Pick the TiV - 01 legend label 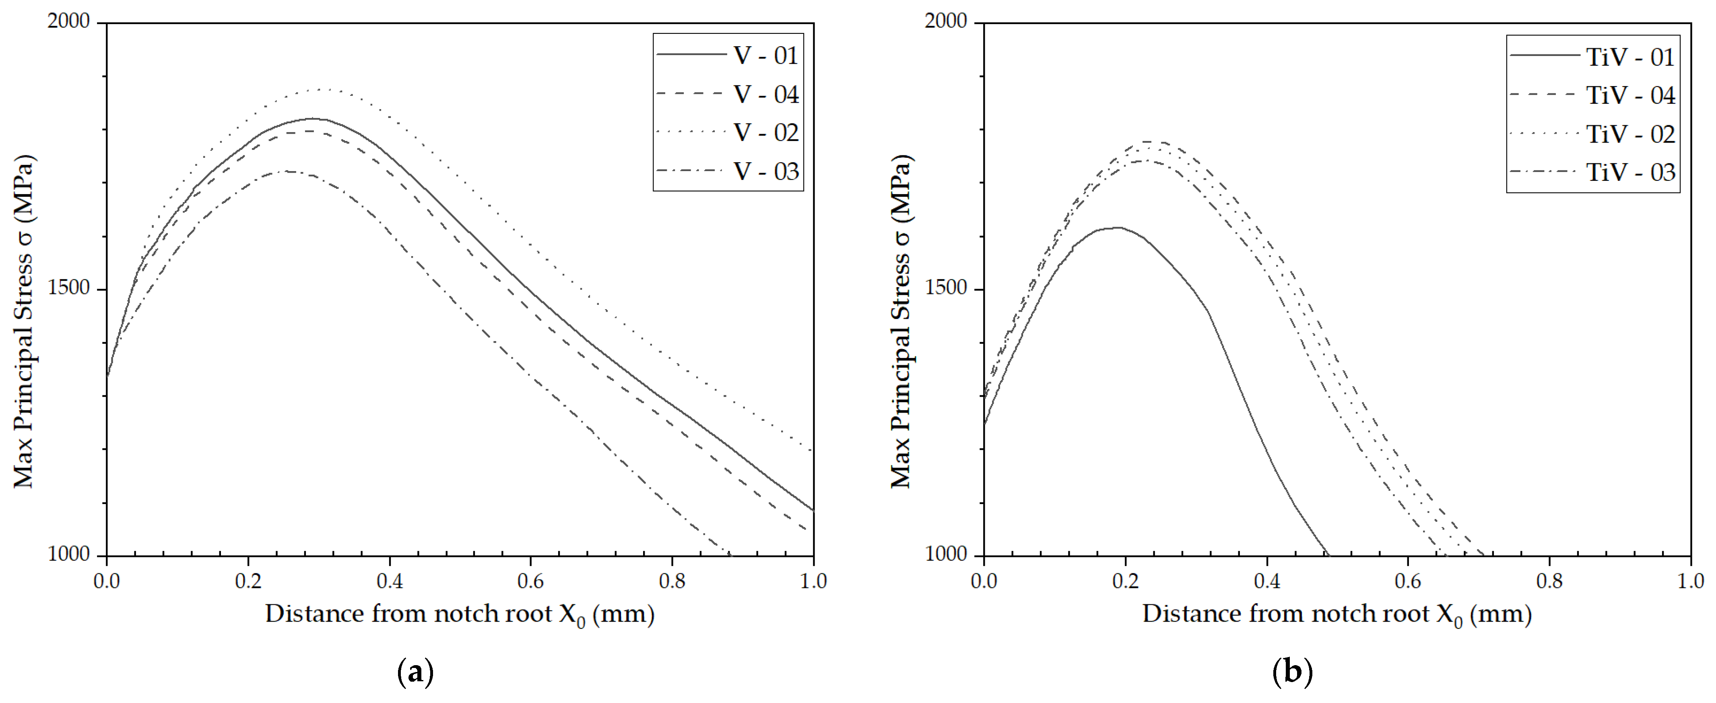(1629, 57)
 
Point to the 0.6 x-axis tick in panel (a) (530, 581)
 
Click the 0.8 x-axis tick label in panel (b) (1549, 581)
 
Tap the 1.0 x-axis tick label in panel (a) (813, 581)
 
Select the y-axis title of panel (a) (24, 321)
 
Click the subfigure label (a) (415, 672)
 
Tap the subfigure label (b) (1292, 672)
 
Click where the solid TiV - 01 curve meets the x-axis (1328, 555)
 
